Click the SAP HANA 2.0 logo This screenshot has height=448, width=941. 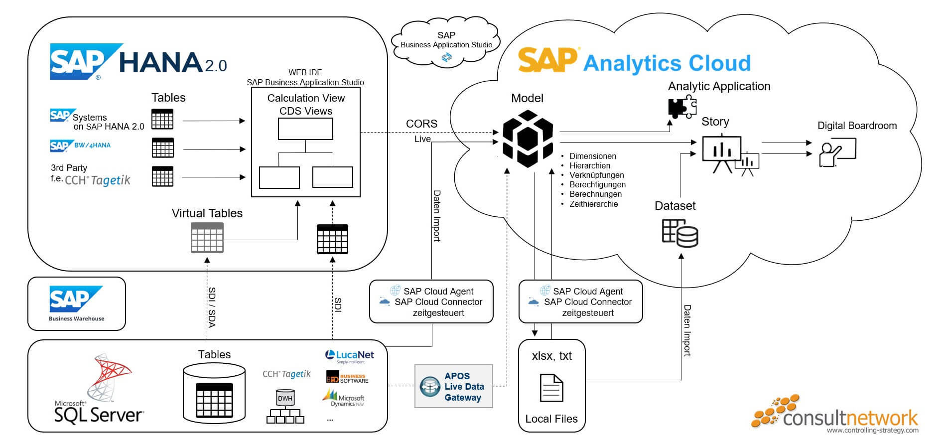[138, 61]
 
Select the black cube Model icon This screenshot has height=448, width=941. [528, 139]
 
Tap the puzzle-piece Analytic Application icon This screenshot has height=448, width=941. [681, 108]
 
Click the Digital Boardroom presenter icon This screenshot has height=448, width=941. [837, 153]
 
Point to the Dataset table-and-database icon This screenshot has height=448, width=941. [679, 233]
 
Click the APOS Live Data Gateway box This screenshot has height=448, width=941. [453, 386]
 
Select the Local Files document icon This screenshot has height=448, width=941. [551, 388]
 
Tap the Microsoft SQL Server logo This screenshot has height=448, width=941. [100, 389]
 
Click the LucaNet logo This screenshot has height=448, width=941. [349, 356]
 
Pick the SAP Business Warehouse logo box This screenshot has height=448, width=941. [76, 303]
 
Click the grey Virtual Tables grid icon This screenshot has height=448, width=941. [207, 238]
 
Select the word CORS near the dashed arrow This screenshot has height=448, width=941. [421, 124]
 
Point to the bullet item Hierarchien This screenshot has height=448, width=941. [589, 165]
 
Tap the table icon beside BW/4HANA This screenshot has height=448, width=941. [162, 148]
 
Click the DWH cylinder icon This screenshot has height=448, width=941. [285, 398]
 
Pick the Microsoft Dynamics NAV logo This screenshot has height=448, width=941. [344, 399]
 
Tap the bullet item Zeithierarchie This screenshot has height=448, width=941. [593, 204]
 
